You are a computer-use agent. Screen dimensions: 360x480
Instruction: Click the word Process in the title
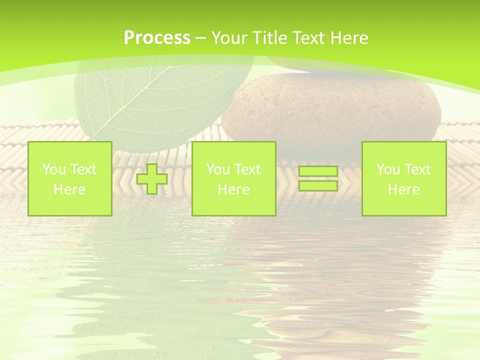point(157,38)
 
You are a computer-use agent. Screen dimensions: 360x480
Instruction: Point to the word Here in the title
point(348,38)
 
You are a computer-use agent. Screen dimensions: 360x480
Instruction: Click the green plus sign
point(152,179)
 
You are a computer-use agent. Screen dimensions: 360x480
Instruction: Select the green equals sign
point(318,178)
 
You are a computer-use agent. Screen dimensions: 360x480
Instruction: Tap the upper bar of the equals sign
point(318,171)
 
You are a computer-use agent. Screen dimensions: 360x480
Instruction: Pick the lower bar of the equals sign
point(318,185)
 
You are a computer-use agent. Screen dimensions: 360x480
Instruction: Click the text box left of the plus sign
point(69,178)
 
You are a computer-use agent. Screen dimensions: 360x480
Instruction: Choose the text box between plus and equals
point(233,178)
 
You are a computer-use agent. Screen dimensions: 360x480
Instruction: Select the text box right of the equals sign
point(403,178)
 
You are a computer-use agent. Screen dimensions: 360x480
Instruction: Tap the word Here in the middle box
point(233,189)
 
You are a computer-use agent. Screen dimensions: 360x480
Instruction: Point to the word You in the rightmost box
point(388,169)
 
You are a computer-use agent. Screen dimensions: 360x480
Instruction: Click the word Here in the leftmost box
point(69,189)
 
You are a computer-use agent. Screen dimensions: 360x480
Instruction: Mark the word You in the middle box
point(218,169)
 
